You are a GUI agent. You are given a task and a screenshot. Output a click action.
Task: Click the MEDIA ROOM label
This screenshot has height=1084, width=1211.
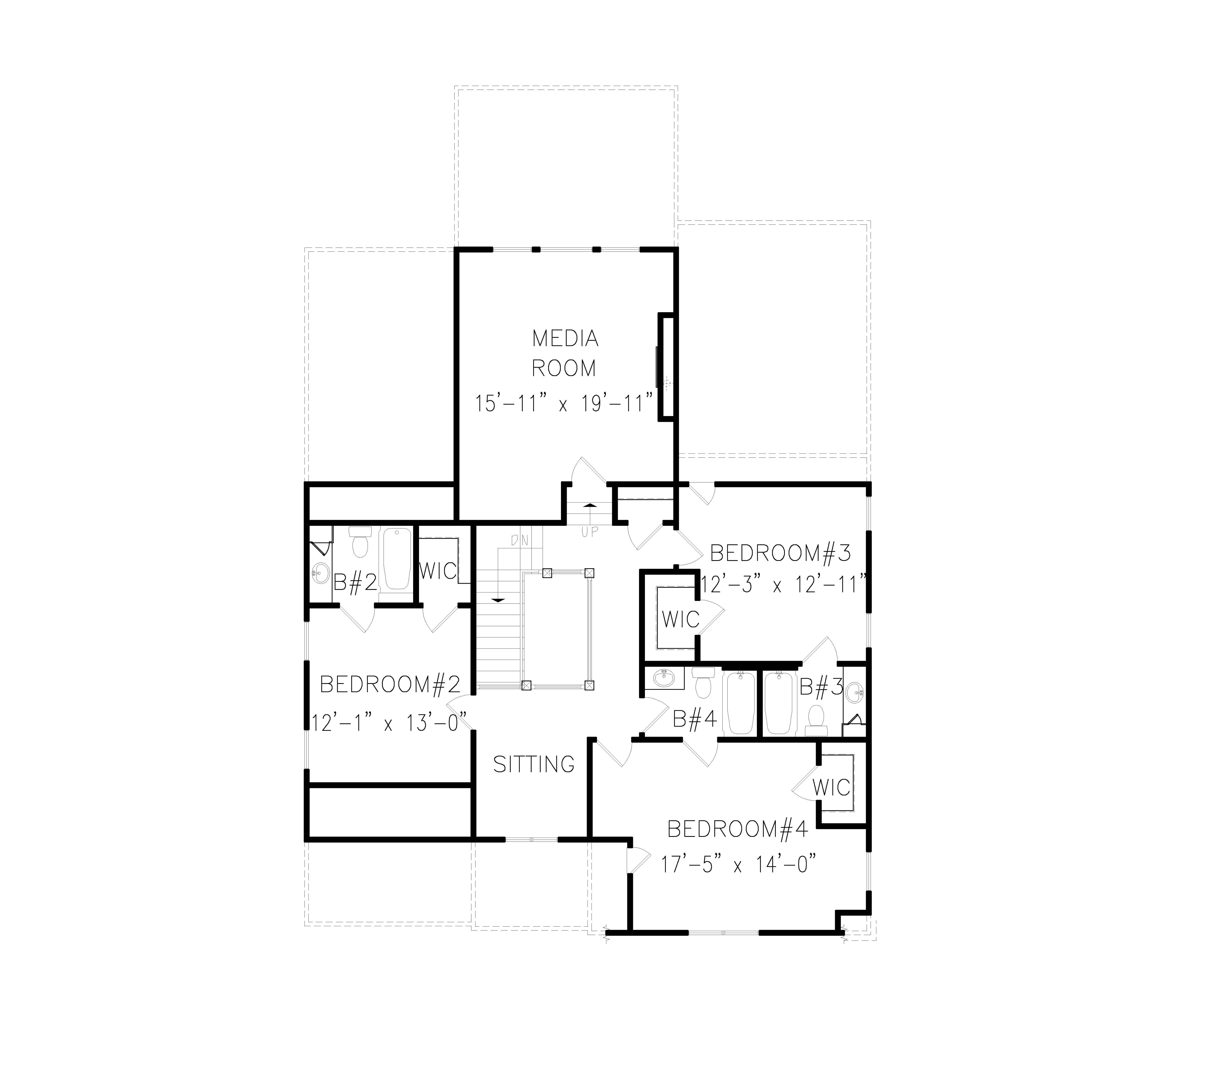(565, 353)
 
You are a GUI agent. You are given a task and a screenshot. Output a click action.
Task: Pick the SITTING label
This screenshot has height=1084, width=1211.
(534, 764)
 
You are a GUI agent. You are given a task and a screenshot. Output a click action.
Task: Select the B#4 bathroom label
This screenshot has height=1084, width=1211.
(695, 720)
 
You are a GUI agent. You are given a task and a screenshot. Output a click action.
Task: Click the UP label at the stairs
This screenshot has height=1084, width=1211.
(590, 532)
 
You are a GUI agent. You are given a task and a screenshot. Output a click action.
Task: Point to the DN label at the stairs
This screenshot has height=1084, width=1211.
(519, 541)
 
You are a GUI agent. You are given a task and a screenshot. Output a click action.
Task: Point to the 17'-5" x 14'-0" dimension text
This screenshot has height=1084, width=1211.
(737, 864)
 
